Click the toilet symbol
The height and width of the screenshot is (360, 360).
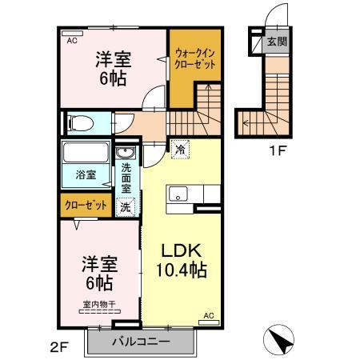pos(78,122)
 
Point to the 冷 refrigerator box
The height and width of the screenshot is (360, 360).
pos(179,148)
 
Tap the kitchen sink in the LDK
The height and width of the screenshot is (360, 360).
pos(178,194)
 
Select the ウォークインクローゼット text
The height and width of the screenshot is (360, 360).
pos(195,60)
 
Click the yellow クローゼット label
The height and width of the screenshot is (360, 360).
pos(86,206)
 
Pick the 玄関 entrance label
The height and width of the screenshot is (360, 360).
pos(276,42)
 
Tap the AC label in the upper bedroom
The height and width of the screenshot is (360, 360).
pos(72,38)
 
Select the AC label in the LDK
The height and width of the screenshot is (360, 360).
pos(209,315)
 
